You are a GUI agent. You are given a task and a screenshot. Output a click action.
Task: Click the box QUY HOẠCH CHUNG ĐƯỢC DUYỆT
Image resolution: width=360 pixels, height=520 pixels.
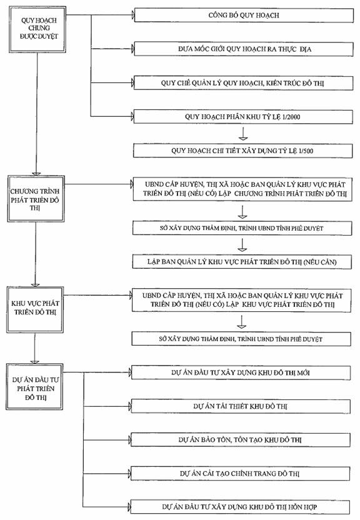(37, 29)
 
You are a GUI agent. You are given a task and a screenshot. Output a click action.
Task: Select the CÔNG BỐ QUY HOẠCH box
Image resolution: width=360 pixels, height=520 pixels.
(244, 15)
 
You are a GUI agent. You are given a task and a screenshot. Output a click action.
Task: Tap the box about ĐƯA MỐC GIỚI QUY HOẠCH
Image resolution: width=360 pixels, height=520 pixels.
(244, 49)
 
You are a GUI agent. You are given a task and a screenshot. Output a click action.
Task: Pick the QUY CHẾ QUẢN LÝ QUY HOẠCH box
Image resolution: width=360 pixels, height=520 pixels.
(243, 83)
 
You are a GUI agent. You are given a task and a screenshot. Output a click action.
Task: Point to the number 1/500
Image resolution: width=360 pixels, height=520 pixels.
(306, 151)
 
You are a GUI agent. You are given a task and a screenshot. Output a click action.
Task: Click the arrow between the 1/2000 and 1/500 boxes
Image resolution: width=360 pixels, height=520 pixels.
(243, 133)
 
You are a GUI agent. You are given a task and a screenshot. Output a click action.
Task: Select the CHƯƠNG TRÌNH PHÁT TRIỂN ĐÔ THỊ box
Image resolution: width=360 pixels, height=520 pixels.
(36, 199)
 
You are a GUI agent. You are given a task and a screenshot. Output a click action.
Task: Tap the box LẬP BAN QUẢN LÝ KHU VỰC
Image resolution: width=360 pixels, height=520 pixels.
(242, 262)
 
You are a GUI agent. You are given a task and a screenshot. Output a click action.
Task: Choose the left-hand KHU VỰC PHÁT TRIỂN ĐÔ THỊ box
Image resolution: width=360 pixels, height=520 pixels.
(35, 310)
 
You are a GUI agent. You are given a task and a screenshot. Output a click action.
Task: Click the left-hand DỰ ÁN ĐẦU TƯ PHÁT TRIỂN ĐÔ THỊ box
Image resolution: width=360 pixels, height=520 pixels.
(34, 387)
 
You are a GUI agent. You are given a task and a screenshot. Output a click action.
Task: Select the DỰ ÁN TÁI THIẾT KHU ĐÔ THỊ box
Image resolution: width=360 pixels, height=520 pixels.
(241, 406)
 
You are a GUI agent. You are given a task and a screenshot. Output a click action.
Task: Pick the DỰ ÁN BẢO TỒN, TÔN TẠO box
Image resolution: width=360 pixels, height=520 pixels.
(241, 440)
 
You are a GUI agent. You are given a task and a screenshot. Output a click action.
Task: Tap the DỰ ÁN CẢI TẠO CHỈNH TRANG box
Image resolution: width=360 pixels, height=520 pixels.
(240, 474)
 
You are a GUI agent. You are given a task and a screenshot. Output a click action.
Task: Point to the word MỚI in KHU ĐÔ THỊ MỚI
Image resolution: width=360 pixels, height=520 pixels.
(303, 372)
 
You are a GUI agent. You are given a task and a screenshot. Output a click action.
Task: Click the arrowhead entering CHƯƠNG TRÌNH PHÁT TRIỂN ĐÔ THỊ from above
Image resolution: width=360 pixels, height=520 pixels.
(36, 174)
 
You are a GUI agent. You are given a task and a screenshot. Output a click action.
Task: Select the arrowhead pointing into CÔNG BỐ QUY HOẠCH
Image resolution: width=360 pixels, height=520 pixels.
(133, 15)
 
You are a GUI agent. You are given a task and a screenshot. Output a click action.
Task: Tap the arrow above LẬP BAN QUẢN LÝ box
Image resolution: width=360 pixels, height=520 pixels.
(242, 245)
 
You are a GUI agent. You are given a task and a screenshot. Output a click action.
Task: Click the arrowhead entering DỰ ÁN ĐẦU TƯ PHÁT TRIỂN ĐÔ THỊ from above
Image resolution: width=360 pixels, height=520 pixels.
(34, 362)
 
